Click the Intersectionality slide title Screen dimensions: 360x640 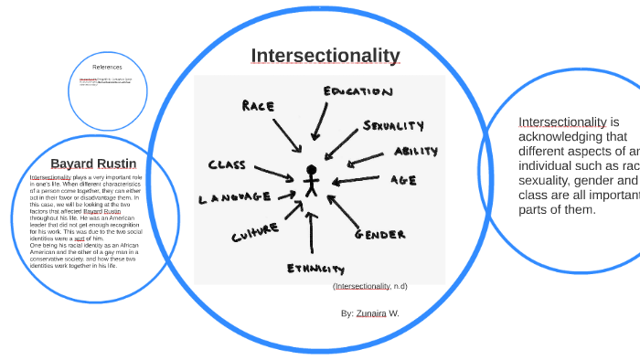(x=325, y=56)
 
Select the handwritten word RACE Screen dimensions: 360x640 (x=259, y=106)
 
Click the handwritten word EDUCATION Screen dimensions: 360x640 (x=357, y=91)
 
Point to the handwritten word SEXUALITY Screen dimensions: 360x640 (x=393, y=125)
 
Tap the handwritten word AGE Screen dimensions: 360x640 (x=403, y=180)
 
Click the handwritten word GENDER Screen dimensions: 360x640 (x=379, y=235)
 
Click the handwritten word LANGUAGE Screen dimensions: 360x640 (x=235, y=196)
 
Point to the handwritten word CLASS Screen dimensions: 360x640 (x=228, y=165)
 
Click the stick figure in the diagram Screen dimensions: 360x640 (x=311, y=180)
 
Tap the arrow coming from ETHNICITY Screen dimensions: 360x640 (x=311, y=233)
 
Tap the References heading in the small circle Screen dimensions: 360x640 (x=107, y=67)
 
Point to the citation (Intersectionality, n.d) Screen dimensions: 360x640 (x=370, y=286)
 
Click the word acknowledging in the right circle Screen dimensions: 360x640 (x=560, y=137)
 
